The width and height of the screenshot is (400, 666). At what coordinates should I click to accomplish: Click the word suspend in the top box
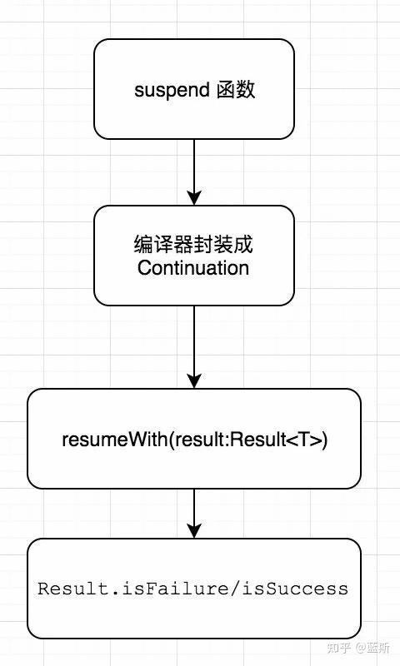pyautogui.click(x=172, y=91)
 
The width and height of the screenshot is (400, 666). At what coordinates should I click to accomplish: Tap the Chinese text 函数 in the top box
pyautogui.click(x=236, y=90)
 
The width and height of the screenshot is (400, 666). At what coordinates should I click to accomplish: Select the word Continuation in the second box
pyautogui.click(x=193, y=268)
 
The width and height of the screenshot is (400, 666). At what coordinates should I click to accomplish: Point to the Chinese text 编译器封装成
pyautogui.click(x=193, y=244)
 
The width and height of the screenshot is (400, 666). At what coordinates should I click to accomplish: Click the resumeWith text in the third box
pyautogui.click(x=115, y=440)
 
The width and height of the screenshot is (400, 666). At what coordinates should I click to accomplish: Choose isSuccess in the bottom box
pyautogui.click(x=296, y=589)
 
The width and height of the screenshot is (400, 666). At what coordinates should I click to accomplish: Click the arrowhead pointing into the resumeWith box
pyautogui.click(x=194, y=381)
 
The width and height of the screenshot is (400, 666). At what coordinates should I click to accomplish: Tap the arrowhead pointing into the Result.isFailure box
pyautogui.click(x=194, y=531)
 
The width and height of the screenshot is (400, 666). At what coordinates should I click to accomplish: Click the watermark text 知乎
pyautogui.click(x=339, y=648)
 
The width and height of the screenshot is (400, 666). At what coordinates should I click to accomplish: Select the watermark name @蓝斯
pyautogui.click(x=372, y=648)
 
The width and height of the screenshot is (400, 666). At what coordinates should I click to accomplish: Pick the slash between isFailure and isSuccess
pyautogui.click(x=241, y=589)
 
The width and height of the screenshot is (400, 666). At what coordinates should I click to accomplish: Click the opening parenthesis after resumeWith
pyautogui.click(x=172, y=440)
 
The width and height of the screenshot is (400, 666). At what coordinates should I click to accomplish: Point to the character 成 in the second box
pyautogui.click(x=243, y=244)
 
